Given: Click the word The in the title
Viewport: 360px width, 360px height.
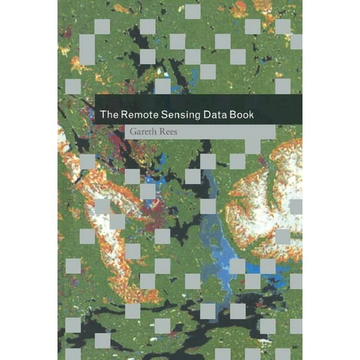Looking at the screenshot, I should click(109, 115).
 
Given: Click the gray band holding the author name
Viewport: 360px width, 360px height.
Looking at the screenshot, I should click(237, 132).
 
